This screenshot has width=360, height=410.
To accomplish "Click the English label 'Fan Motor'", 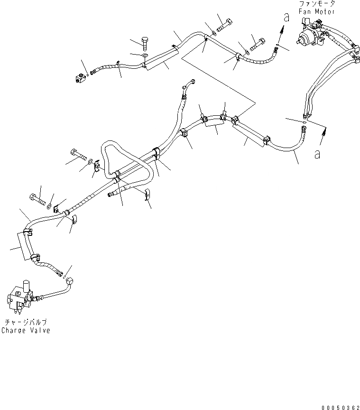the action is pyautogui.click(x=317, y=11).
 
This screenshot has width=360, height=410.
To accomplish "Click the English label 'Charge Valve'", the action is pyautogui.click(x=26, y=330).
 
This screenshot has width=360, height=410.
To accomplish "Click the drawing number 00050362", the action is pyautogui.click(x=341, y=407).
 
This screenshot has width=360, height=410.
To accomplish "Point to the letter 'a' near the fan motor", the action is pyautogui.click(x=287, y=17).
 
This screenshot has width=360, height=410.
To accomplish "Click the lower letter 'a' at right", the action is pyautogui.click(x=317, y=154).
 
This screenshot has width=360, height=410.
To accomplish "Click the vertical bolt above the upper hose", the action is pyautogui.click(x=145, y=43).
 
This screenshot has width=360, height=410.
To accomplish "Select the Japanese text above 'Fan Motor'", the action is pyautogui.click(x=317, y=4).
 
